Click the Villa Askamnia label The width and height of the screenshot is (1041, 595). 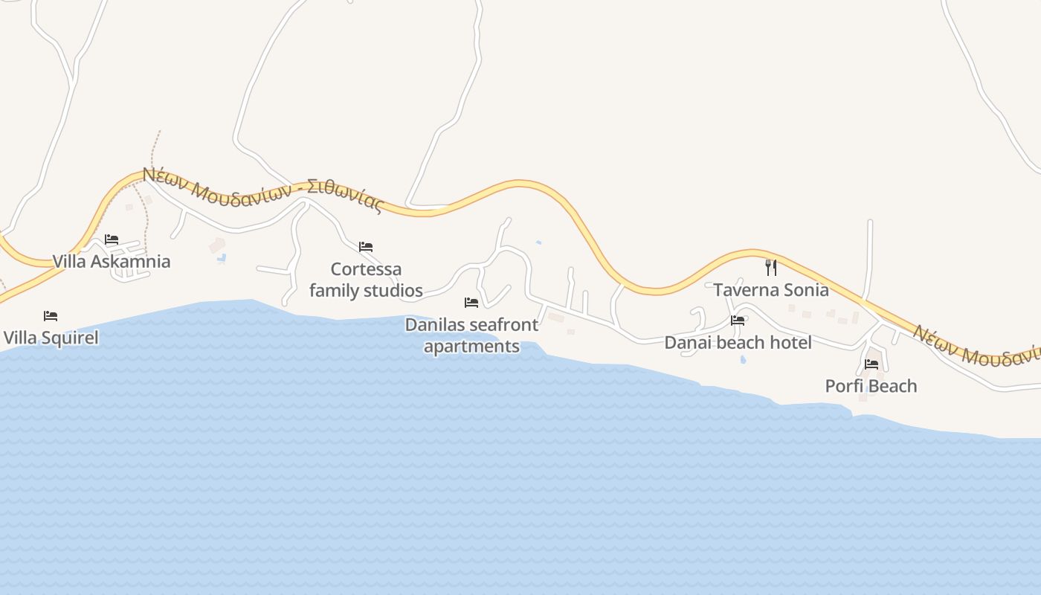click(x=112, y=261)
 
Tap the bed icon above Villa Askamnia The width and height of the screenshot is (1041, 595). click(x=112, y=239)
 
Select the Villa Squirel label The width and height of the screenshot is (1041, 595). click(x=51, y=338)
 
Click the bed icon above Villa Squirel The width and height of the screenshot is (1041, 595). click(x=51, y=316)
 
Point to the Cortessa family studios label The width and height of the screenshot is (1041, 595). click(x=366, y=280)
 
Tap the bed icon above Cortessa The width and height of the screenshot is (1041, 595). click(x=366, y=247)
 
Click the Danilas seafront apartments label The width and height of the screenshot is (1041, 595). click(x=471, y=335)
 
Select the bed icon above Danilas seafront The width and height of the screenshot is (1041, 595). click(x=471, y=303)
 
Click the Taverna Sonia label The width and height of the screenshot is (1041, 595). click(x=771, y=290)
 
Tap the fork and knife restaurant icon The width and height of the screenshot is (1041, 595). click(x=771, y=268)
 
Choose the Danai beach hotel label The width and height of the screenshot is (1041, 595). click(x=738, y=342)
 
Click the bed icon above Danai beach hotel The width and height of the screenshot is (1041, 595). click(x=738, y=321)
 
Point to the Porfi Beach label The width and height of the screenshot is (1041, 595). click(x=871, y=386)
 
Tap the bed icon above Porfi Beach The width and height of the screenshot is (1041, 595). click(x=871, y=364)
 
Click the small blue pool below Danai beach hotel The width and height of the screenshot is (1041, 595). click(x=744, y=360)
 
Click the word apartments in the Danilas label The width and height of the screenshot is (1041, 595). click(x=471, y=347)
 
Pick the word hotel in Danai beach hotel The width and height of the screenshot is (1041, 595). click(x=791, y=342)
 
